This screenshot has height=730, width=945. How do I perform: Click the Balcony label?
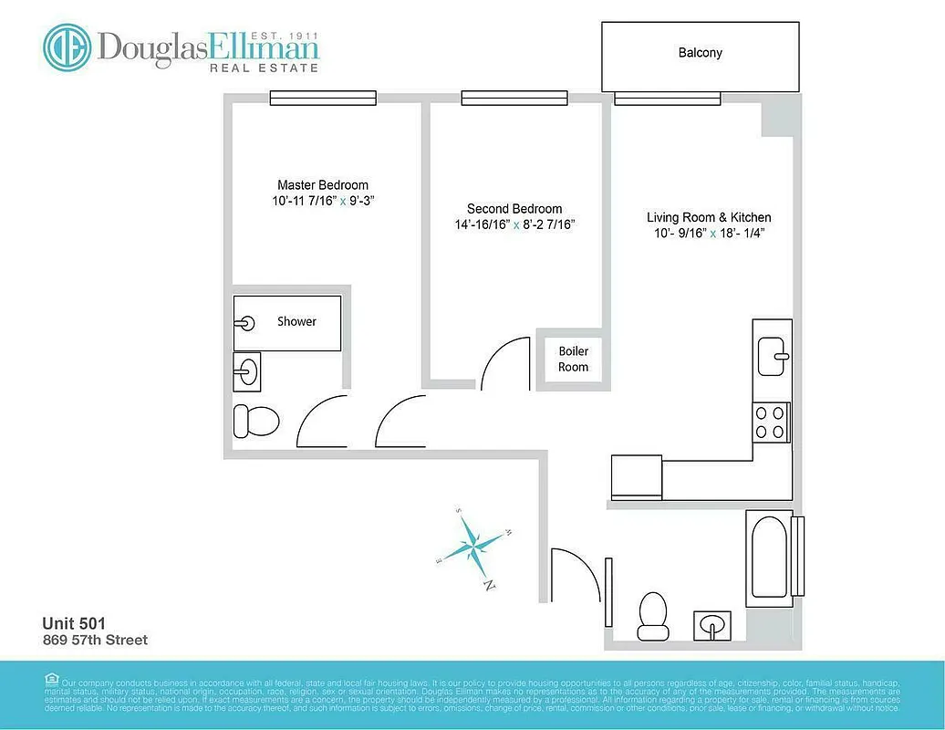(x=700, y=53)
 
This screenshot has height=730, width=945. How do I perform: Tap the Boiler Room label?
(x=573, y=359)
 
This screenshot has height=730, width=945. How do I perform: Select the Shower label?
(x=296, y=321)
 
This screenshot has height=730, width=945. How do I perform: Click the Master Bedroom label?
(x=323, y=184)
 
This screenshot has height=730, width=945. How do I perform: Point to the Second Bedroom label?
(x=514, y=209)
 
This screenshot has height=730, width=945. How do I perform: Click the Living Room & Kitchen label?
(x=709, y=217)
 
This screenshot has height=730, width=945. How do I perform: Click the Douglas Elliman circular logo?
(x=67, y=47)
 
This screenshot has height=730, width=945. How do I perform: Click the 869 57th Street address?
(x=95, y=640)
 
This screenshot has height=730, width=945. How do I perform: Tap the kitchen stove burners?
(x=771, y=422)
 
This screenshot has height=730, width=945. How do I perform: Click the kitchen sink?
(x=774, y=348)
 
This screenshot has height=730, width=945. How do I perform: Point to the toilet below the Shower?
(x=255, y=420)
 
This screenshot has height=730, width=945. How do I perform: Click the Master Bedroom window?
(x=323, y=98)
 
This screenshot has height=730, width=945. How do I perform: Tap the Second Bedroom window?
(x=514, y=98)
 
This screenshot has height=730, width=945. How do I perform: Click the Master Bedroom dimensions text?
(x=323, y=201)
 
